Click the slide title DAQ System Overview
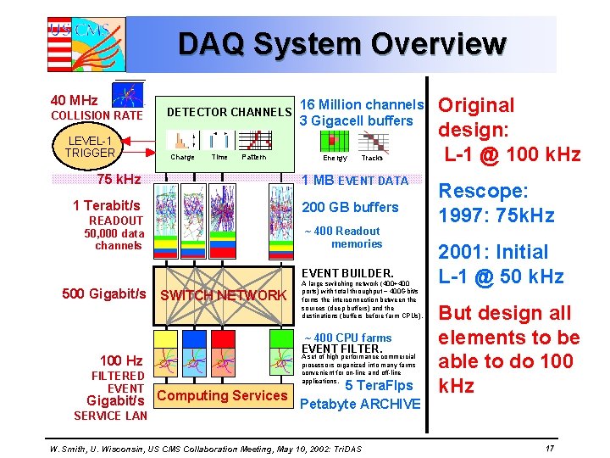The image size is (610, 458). pyautogui.click(x=341, y=43)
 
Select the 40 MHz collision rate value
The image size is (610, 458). pyautogui.click(x=74, y=100)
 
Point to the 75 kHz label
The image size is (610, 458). pyautogui.click(x=119, y=179)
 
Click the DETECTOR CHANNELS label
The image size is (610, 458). pyautogui.click(x=229, y=112)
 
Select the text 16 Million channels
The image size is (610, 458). pyautogui.click(x=362, y=104)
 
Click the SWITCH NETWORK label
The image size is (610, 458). pyautogui.click(x=224, y=295)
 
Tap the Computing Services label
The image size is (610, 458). pyautogui.click(x=223, y=395)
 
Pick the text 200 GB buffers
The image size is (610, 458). pyautogui.click(x=351, y=207)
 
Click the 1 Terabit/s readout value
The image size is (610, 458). pyautogui.click(x=107, y=205)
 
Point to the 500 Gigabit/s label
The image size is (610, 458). pyautogui.click(x=104, y=293)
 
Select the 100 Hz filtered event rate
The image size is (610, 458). pyautogui.click(x=121, y=360)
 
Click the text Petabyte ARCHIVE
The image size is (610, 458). pyautogui.click(x=360, y=404)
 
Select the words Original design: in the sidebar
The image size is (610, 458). pyautogui.click(x=475, y=118)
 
